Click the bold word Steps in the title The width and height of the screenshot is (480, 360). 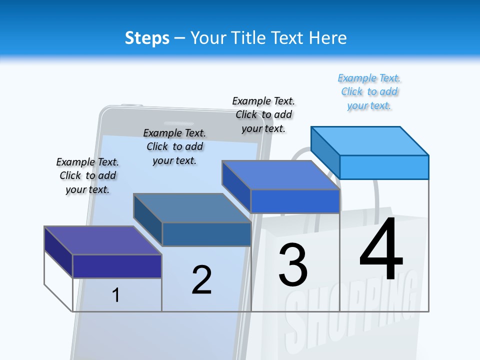[147, 38]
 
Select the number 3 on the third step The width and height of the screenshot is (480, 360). [293, 265]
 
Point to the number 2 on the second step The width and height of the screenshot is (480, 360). [201, 280]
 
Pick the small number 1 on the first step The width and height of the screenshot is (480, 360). [116, 295]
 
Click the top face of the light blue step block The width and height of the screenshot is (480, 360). [370, 141]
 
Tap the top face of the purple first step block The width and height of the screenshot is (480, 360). [102, 240]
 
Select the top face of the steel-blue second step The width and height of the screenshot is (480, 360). [192, 208]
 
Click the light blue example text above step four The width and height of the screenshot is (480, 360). [369, 91]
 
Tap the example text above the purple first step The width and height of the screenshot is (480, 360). [87, 175]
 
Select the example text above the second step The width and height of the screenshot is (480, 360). [174, 146]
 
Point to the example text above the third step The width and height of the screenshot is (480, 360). [263, 114]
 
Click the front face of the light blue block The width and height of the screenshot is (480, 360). [384, 167]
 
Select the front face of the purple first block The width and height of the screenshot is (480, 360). [117, 266]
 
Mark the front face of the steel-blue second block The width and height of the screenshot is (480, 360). [206, 234]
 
